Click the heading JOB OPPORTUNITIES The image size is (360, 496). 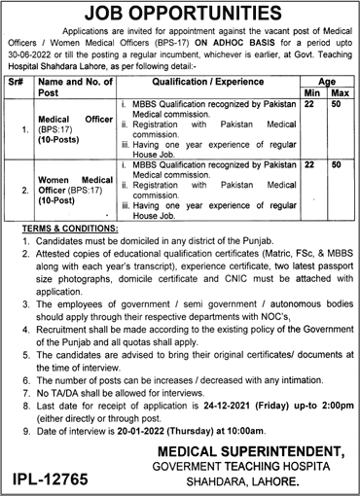click(x=180, y=13)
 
